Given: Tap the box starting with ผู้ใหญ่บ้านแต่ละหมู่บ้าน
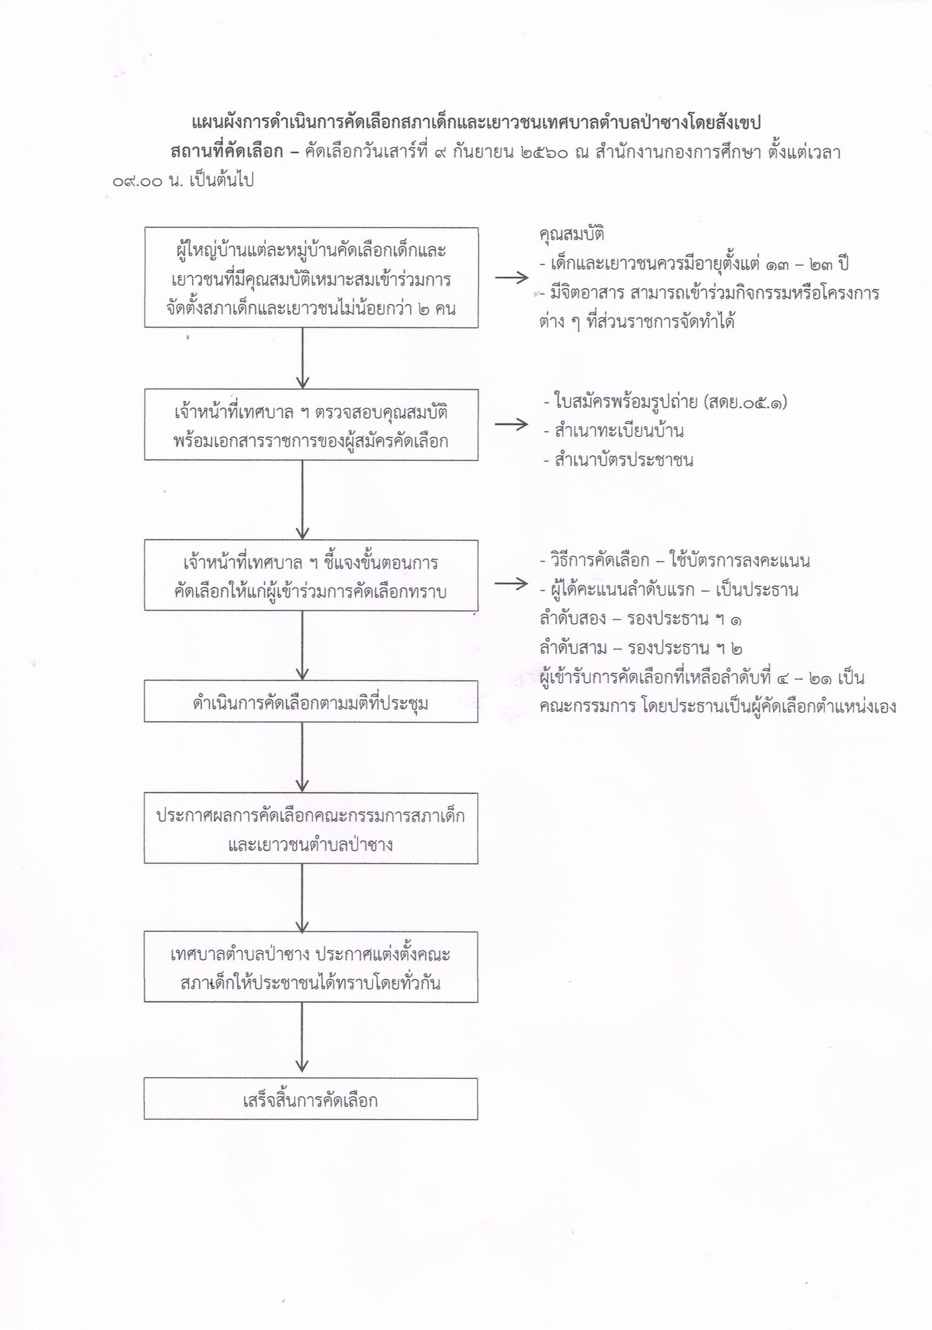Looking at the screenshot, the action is pos(311,278).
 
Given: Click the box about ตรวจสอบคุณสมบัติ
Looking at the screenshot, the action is pos(311,425).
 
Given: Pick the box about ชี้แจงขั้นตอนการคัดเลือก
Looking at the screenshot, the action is pos(311,575).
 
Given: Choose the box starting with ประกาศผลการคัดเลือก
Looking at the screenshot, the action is pos(311,828).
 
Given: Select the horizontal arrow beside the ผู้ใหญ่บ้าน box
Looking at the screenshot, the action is pos(511,278).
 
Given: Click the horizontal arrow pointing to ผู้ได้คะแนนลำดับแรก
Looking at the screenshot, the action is pos(511,585).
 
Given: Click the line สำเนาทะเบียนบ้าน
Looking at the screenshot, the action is pos(613,431).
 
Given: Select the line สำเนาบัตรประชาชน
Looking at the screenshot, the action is pos(617,460).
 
